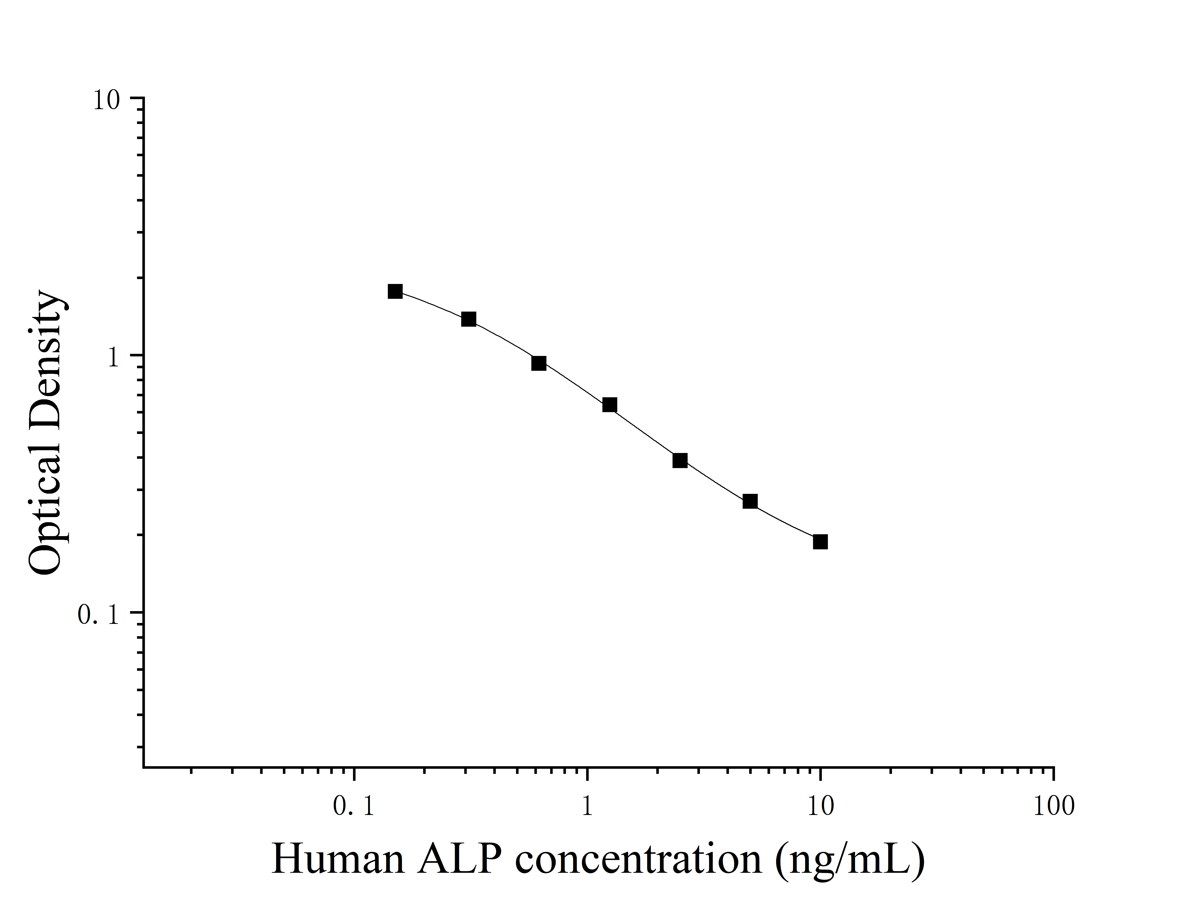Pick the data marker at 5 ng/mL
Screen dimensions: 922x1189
(x=750, y=501)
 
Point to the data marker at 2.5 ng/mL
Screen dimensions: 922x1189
(x=680, y=460)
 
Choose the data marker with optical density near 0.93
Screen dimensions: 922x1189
(x=539, y=363)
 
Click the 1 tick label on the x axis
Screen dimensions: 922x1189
(x=587, y=806)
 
